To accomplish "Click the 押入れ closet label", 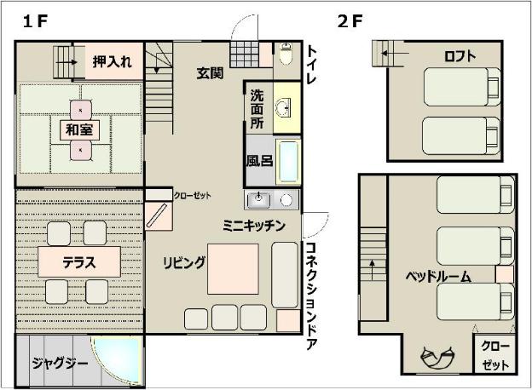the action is coord(112,61).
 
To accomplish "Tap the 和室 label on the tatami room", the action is coord(79,129).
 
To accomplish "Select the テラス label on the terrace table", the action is coord(79,262).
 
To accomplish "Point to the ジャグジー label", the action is coord(60,364).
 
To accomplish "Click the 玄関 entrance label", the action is coord(210,73).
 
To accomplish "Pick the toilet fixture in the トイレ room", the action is coord(286,54).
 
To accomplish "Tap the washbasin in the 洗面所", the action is coord(283,107).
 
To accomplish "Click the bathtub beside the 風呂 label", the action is coord(288,161).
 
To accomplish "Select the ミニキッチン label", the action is coord(254,226).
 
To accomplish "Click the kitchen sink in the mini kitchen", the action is coord(258,199).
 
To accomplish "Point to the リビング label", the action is coord(184,262).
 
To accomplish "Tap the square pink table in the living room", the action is coord(233,269).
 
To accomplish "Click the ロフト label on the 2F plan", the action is coord(460,56).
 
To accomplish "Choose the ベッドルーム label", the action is coord(438,277).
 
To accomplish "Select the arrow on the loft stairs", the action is coord(395,53).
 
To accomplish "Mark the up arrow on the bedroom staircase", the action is coord(373,270).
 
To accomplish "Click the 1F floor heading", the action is coord(35,21).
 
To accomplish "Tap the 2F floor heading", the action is coord(350,21).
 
